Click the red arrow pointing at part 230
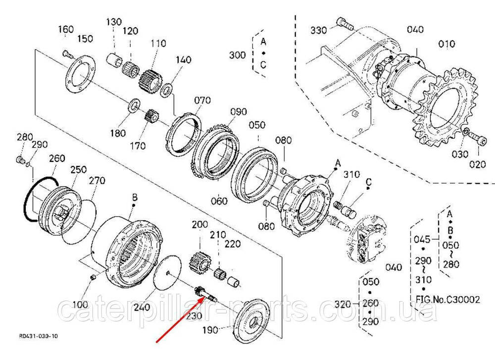179,320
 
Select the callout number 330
318,30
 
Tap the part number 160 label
66,29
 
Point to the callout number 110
158,43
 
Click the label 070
202,101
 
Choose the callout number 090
239,112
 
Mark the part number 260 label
57,158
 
